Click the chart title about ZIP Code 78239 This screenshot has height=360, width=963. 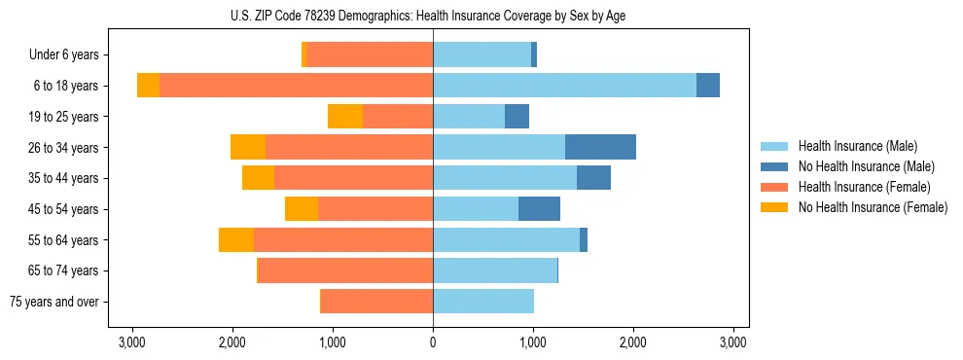[433, 15]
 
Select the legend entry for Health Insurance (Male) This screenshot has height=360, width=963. [857, 146]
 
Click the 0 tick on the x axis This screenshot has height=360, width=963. [433, 342]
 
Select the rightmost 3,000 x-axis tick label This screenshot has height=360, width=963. [733, 342]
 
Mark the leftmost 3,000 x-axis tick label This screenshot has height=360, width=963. [132, 342]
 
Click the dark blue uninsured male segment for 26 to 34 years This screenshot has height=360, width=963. [600, 147]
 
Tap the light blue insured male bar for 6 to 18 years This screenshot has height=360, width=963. [564, 86]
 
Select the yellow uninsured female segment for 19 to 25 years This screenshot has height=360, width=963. [345, 117]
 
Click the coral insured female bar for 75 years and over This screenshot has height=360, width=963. [376, 302]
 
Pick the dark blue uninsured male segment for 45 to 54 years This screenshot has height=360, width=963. [539, 209]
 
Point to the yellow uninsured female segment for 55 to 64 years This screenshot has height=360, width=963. [236, 240]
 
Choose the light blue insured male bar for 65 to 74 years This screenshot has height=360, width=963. [495, 270]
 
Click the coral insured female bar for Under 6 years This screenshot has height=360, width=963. [370, 55]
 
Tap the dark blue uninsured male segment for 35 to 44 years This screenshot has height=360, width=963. [593, 178]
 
